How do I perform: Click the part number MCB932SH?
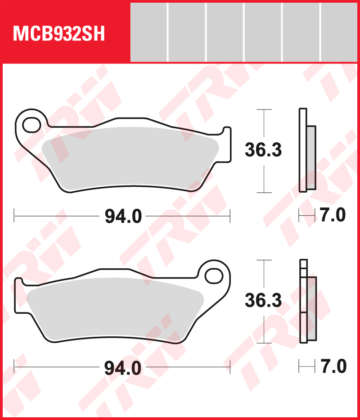59,34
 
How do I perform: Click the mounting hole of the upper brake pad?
31,124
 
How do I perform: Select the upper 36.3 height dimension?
263,150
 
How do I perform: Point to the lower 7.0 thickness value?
333,366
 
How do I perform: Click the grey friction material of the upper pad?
130,158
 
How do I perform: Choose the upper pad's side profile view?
307,151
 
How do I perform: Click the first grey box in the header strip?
148,32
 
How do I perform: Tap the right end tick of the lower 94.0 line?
230,366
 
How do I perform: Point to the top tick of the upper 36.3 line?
264,109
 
